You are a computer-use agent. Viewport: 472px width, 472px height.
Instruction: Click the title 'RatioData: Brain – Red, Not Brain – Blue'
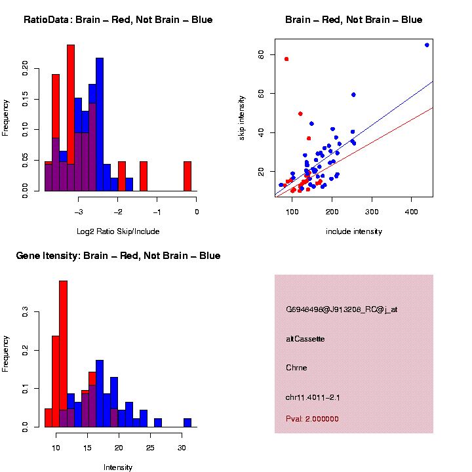[x=118, y=20]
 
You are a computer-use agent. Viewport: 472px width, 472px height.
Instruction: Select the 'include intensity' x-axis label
[x=354, y=231]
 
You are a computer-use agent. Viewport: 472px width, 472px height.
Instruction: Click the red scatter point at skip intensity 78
[x=286, y=59]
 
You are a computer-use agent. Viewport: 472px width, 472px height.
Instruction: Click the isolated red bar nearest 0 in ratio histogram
[x=187, y=176]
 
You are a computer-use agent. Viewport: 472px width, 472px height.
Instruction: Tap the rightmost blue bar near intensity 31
[x=187, y=423]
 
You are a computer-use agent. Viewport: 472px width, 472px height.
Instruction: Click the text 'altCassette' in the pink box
[x=305, y=339]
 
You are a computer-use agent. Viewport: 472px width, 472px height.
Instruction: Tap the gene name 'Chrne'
[x=296, y=367]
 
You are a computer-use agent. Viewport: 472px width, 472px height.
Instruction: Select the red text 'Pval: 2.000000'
[x=312, y=419]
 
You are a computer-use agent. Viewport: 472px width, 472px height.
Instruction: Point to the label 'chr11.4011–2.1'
[x=313, y=397]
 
